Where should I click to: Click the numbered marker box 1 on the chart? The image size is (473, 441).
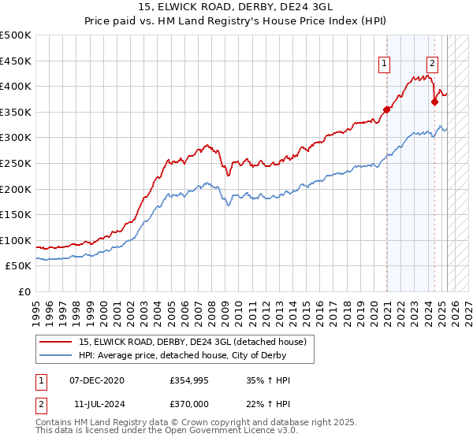(385, 65)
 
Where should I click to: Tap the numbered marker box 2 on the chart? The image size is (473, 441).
(433, 65)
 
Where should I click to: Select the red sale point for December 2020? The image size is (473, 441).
(387, 109)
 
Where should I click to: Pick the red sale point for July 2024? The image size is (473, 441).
(434, 102)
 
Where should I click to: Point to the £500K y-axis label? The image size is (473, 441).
(16, 35)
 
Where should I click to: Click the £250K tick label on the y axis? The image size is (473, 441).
(16, 163)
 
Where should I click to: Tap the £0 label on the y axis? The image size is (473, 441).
(25, 291)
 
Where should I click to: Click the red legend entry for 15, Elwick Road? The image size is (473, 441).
(196, 341)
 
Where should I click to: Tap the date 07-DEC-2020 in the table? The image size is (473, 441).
(97, 380)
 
